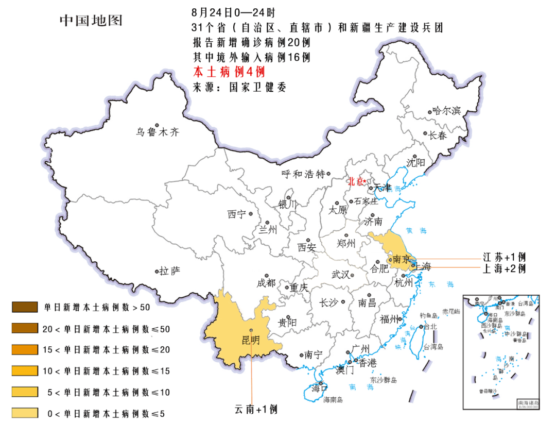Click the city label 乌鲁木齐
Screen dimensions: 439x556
pos(158,132)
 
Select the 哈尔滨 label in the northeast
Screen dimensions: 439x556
pos(446,111)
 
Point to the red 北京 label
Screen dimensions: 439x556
pos(355,181)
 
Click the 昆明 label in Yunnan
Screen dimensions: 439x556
pos(251,340)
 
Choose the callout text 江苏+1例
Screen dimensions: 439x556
pos(504,257)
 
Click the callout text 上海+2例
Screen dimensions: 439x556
pos(504,268)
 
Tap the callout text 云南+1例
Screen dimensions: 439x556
pos(256,409)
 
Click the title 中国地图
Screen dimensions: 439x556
pos(91,21)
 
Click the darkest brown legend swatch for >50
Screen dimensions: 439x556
pos(25,308)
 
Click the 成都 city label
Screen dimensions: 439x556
pos(266,283)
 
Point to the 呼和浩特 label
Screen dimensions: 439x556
pos(304,174)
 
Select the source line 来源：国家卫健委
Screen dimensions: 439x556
pos(239,87)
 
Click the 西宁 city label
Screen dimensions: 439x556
pos(237,214)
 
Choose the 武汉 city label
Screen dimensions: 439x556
pos(340,274)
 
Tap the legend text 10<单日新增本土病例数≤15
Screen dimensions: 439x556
pos(106,371)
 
